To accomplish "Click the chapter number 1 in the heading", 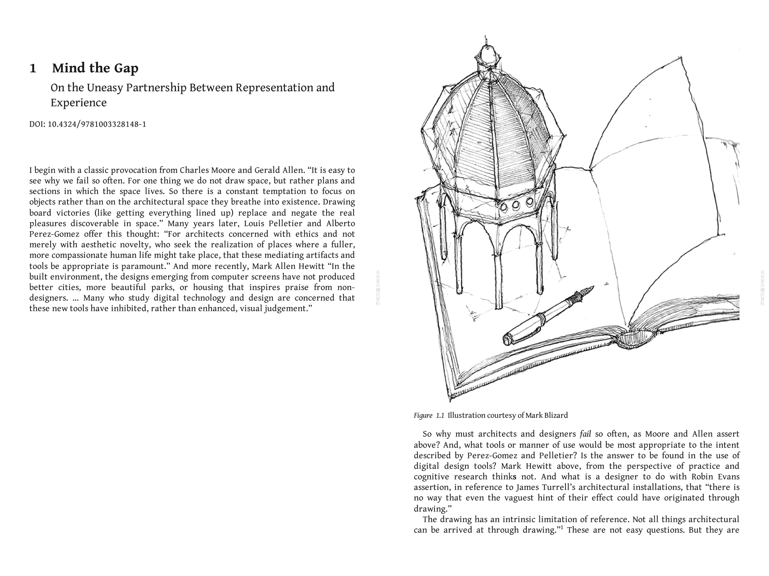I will (33, 68).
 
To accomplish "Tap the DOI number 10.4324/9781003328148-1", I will (97, 124).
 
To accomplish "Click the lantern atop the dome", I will (487, 56).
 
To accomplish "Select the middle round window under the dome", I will (516, 205).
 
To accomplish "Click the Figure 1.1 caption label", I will (429, 415).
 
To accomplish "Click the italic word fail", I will (585, 434).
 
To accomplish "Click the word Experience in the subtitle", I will (79, 103).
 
